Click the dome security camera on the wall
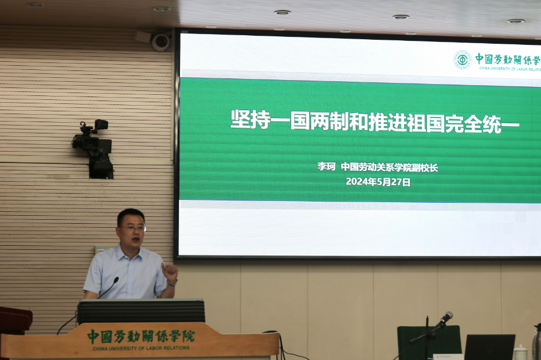(161, 42)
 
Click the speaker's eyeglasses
(132, 228)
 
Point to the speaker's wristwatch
(172, 282)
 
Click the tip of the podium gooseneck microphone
(116, 279)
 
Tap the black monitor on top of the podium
(141, 311)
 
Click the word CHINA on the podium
(100, 349)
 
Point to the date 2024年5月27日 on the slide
(378, 182)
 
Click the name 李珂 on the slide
(326, 167)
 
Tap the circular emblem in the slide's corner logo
(462, 60)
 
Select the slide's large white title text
(375, 121)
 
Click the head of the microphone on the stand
(446, 317)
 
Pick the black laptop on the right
(489, 347)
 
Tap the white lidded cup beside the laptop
(521, 353)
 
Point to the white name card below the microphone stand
(448, 357)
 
